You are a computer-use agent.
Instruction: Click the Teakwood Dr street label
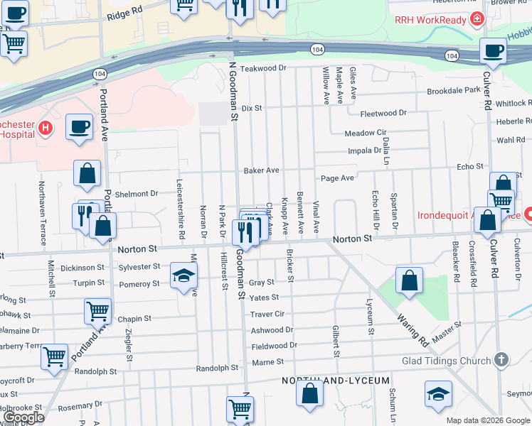click(x=262, y=68)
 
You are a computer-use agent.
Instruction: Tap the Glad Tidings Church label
click(x=447, y=360)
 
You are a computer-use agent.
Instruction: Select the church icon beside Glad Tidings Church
click(x=502, y=360)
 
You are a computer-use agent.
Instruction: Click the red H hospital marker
click(x=46, y=128)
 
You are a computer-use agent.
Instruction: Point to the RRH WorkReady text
click(x=432, y=20)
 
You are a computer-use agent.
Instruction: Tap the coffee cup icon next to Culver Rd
click(x=493, y=51)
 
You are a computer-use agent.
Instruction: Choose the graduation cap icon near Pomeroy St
click(x=183, y=275)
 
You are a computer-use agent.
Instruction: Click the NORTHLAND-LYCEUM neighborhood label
click(x=336, y=381)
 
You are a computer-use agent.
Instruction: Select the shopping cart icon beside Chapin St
click(x=97, y=311)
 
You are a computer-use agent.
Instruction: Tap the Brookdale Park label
click(x=454, y=91)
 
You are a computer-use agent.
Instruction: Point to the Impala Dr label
click(x=365, y=151)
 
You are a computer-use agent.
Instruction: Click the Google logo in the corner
click(x=23, y=417)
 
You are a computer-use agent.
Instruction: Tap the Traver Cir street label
click(x=267, y=314)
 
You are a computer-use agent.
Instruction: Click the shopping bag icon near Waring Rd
click(x=410, y=280)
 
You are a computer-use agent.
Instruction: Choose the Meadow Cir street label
click(x=365, y=133)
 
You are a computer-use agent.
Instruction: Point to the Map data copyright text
click(x=487, y=420)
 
